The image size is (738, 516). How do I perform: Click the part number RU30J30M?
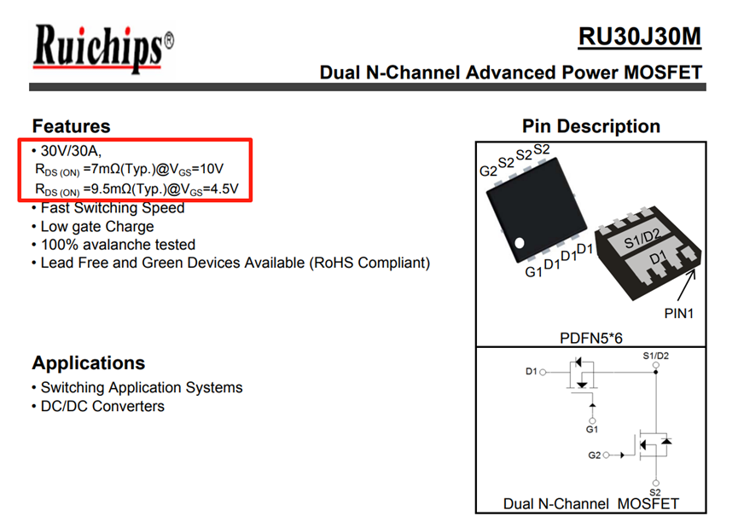pyautogui.click(x=639, y=37)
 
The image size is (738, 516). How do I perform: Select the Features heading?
pyautogui.click(x=71, y=126)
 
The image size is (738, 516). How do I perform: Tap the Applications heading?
pyautogui.click(x=89, y=362)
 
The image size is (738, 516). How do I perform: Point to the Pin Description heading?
pyautogui.click(x=590, y=126)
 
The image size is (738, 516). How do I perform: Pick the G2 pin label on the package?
pyautogui.click(x=488, y=171)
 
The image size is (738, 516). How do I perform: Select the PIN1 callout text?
pyautogui.click(x=679, y=313)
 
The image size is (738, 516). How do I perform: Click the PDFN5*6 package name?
pyautogui.click(x=590, y=338)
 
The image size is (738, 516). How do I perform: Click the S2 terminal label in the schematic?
pyautogui.click(x=655, y=492)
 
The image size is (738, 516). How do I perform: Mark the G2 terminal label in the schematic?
pyautogui.click(x=594, y=455)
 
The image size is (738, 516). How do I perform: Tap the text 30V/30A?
pyautogui.click(x=71, y=151)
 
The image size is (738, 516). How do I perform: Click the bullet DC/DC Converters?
pyautogui.click(x=102, y=406)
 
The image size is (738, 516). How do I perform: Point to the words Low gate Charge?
pyautogui.click(x=97, y=226)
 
